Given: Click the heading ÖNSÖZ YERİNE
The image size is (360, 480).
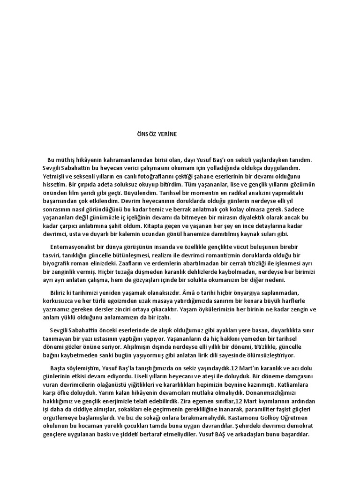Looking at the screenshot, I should [x=154, y=134].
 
